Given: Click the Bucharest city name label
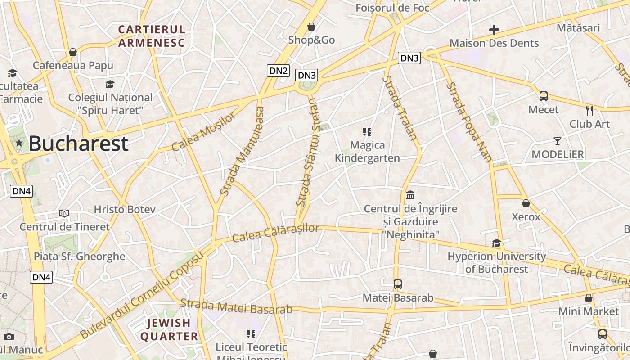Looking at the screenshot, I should (x=78, y=144).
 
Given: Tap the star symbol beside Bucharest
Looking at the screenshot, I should (x=19, y=144).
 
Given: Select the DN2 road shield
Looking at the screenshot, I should (x=278, y=70).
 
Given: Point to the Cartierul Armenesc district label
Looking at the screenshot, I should (x=152, y=36).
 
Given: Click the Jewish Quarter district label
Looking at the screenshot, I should (x=169, y=329).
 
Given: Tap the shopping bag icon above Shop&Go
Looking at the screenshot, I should (x=311, y=27).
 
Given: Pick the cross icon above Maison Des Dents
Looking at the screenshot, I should (x=494, y=30).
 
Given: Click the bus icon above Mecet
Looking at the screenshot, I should (x=543, y=96).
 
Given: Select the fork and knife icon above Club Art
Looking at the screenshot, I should (x=589, y=110).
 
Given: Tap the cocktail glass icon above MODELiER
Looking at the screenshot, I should (x=558, y=141).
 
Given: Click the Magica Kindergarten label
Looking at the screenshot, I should (x=367, y=152).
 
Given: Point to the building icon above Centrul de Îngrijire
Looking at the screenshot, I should (x=410, y=195).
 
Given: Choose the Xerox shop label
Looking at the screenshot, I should (x=526, y=217).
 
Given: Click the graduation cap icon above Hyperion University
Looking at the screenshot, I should (x=496, y=243).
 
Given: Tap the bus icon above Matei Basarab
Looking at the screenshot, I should (x=397, y=284).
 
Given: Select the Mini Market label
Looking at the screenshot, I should (x=588, y=311).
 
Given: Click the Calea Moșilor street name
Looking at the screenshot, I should (x=204, y=132).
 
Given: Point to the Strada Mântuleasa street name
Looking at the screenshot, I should (x=241, y=150).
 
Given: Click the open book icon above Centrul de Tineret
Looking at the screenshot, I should (x=64, y=213).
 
